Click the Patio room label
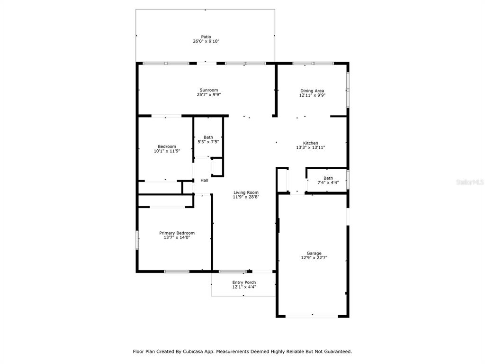pos(206,37)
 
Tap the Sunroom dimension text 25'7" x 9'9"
pos(209,95)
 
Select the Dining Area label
pos(312,91)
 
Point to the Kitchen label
pos(311,143)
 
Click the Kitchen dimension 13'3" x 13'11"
pos(311,148)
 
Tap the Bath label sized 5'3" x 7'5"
pos(208,137)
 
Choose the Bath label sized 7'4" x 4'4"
pos(328,178)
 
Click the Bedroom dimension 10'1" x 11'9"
pos(167,151)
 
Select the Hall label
pos(205,181)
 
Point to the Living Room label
pos(246,192)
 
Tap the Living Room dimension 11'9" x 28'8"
pos(246,197)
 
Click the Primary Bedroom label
pos(177,233)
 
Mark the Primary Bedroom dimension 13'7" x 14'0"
pos(177,238)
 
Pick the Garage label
pos(314,253)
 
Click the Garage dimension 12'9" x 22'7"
pos(314,258)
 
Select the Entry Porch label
pos(244,282)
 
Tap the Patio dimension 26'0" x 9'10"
pos(206,41)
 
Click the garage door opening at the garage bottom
pos(312,316)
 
